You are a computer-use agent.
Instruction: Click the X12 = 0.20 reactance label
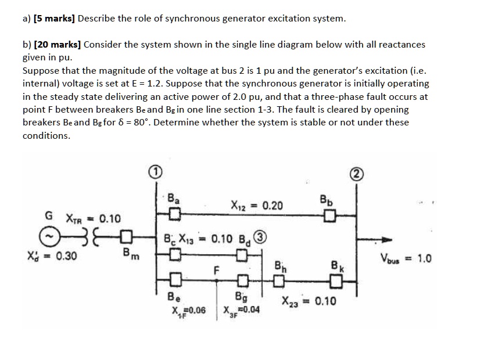[x=257, y=206]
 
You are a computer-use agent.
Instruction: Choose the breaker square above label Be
[x=173, y=283]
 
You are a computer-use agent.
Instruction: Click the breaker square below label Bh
[x=279, y=283]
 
